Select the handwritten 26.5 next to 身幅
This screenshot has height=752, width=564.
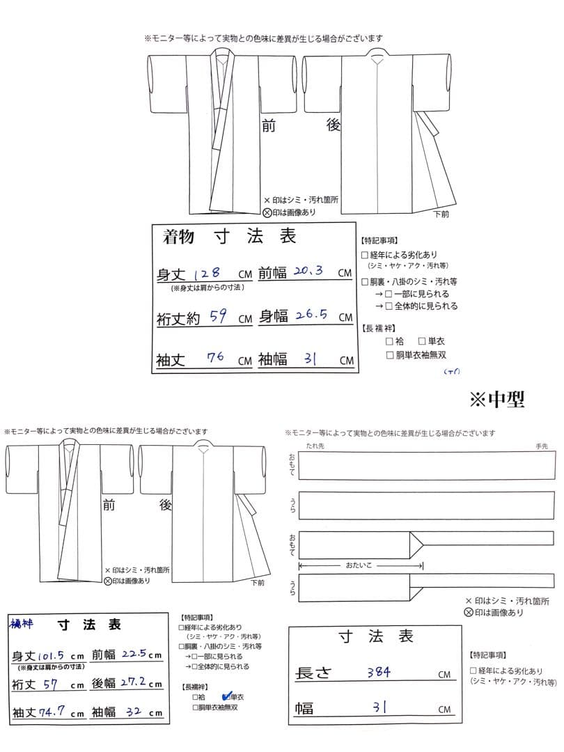click(x=312, y=316)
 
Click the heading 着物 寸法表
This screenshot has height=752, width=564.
click(x=230, y=237)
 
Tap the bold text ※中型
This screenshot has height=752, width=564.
click(x=496, y=399)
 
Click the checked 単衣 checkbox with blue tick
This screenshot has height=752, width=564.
click(x=226, y=696)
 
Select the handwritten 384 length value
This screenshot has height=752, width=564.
click(x=379, y=672)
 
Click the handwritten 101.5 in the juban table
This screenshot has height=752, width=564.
click(x=49, y=655)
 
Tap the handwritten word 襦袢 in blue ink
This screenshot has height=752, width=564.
click(x=21, y=624)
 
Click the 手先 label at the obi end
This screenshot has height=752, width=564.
click(x=541, y=446)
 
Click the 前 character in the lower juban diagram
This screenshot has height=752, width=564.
click(x=109, y=505)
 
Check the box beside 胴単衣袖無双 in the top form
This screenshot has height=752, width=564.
click(x=391, y=355)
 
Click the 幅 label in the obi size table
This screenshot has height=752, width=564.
click(x=304, y=709)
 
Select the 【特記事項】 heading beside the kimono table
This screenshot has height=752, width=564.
click(x=379, y=240)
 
